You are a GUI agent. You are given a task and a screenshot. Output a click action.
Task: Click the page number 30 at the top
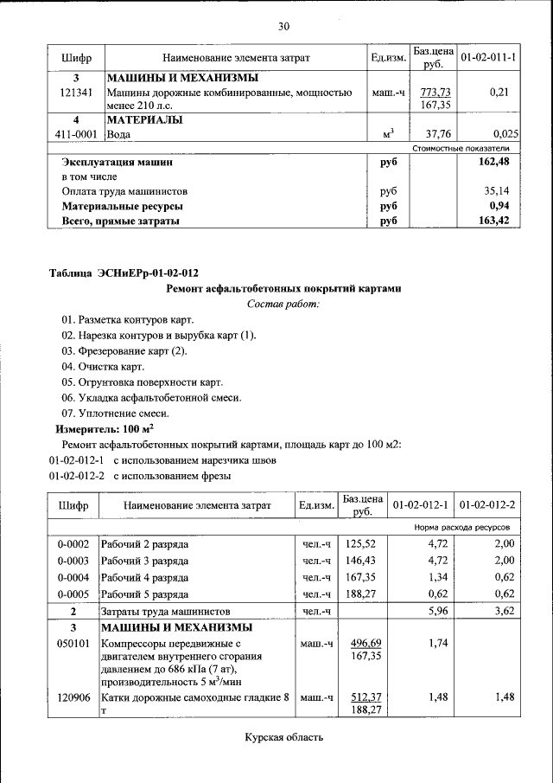[283, 27]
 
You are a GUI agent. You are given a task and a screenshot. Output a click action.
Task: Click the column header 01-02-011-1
[488, 58]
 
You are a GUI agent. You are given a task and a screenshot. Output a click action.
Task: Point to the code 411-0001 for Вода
[73, 134]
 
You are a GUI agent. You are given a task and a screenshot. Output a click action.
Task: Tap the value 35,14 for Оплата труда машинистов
[499, 191]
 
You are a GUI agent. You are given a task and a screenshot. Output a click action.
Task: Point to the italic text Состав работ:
[283, 304]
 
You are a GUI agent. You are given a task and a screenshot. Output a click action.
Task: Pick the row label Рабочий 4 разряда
[144, 577]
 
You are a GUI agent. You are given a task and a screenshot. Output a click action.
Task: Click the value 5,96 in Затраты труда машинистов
[429, 610]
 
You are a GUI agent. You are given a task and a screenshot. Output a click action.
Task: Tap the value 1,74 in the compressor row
[429, 644]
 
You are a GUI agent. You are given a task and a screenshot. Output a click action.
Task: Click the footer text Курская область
[283, 738]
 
